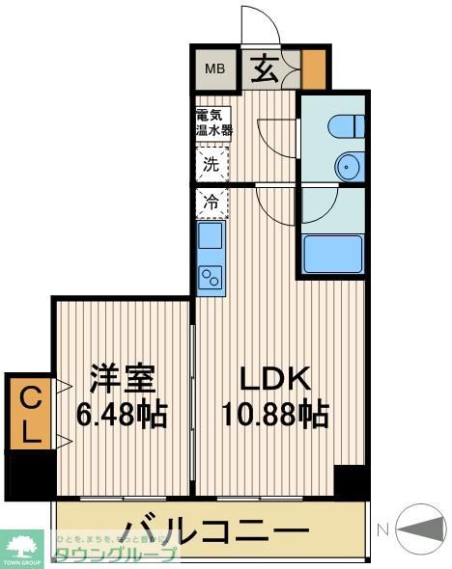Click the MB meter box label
[213, 68]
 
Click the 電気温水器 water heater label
[213, 122]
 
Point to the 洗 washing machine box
[211, 164]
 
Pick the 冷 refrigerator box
[211, 203]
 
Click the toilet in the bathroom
[343, 125]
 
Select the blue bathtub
[331, 254]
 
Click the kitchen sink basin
[211, 236]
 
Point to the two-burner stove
[211, 277]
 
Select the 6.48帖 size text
[122, 416]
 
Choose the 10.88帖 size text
[273, 416]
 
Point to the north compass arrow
[420, 528]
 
